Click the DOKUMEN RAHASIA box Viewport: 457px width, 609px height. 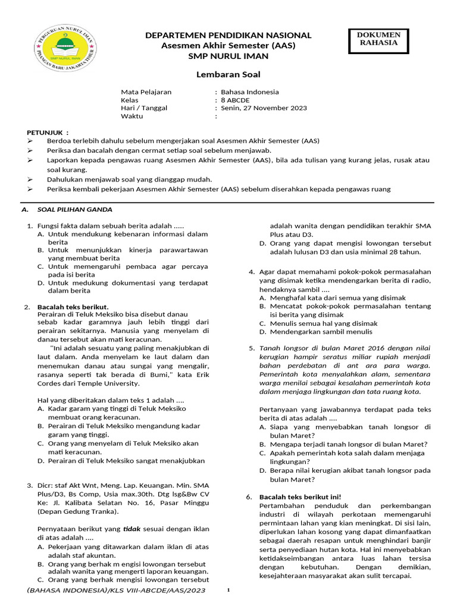[x=378, y=39]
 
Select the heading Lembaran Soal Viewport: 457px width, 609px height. [x=228, y=74]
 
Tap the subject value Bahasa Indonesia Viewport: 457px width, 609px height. [x=250, y=92]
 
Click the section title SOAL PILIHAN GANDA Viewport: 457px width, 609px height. [x=74, y=209]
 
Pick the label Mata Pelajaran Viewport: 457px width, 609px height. [x=146, y=92]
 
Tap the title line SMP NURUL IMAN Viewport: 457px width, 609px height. [x=228, y=56]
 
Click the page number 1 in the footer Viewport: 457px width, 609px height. [x=228, y=589]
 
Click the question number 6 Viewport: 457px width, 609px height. [x=249, y=497]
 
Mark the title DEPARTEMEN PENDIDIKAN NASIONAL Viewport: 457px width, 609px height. [x=228, y=36]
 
